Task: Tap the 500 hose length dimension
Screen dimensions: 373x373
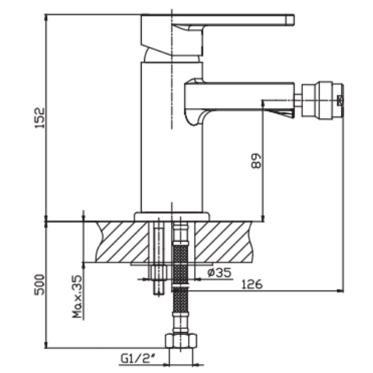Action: (40, 284)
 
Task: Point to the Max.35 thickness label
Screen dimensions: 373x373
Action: (78, 297)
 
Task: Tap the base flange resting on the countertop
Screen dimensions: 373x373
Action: (171, 216)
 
